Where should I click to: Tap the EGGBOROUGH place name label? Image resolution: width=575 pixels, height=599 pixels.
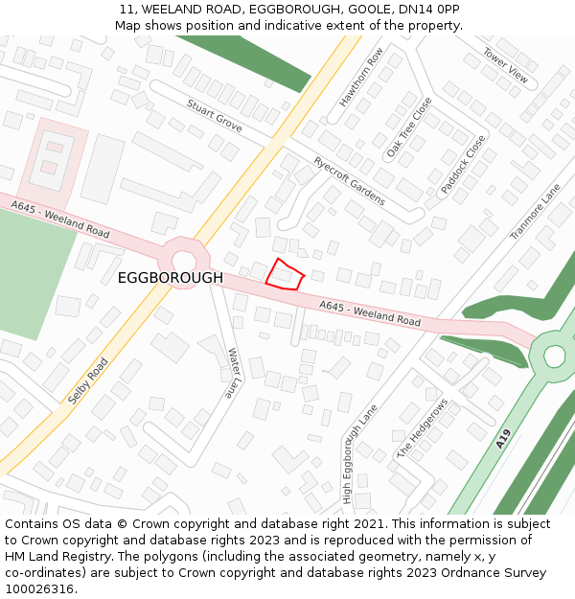[171, 278]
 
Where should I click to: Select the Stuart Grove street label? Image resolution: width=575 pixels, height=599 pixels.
[215, 116]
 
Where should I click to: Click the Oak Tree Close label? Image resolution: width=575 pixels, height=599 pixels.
[409, 128]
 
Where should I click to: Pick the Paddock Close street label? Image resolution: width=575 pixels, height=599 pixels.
[464, 165]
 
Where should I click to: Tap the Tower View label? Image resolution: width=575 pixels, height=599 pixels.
[505, 64]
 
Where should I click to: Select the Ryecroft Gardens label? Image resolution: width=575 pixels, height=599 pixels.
[350, 180]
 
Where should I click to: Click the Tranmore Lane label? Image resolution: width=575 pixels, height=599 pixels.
[535, 213]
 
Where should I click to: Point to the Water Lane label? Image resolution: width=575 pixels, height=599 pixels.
[234, 374]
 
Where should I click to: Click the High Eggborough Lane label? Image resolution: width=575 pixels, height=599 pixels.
[360, 454]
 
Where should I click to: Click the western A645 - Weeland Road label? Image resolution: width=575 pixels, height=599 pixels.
[61, 219]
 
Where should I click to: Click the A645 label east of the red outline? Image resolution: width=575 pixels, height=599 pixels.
[371, 313]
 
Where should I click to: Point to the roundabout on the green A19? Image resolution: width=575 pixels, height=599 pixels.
[554, 357]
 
